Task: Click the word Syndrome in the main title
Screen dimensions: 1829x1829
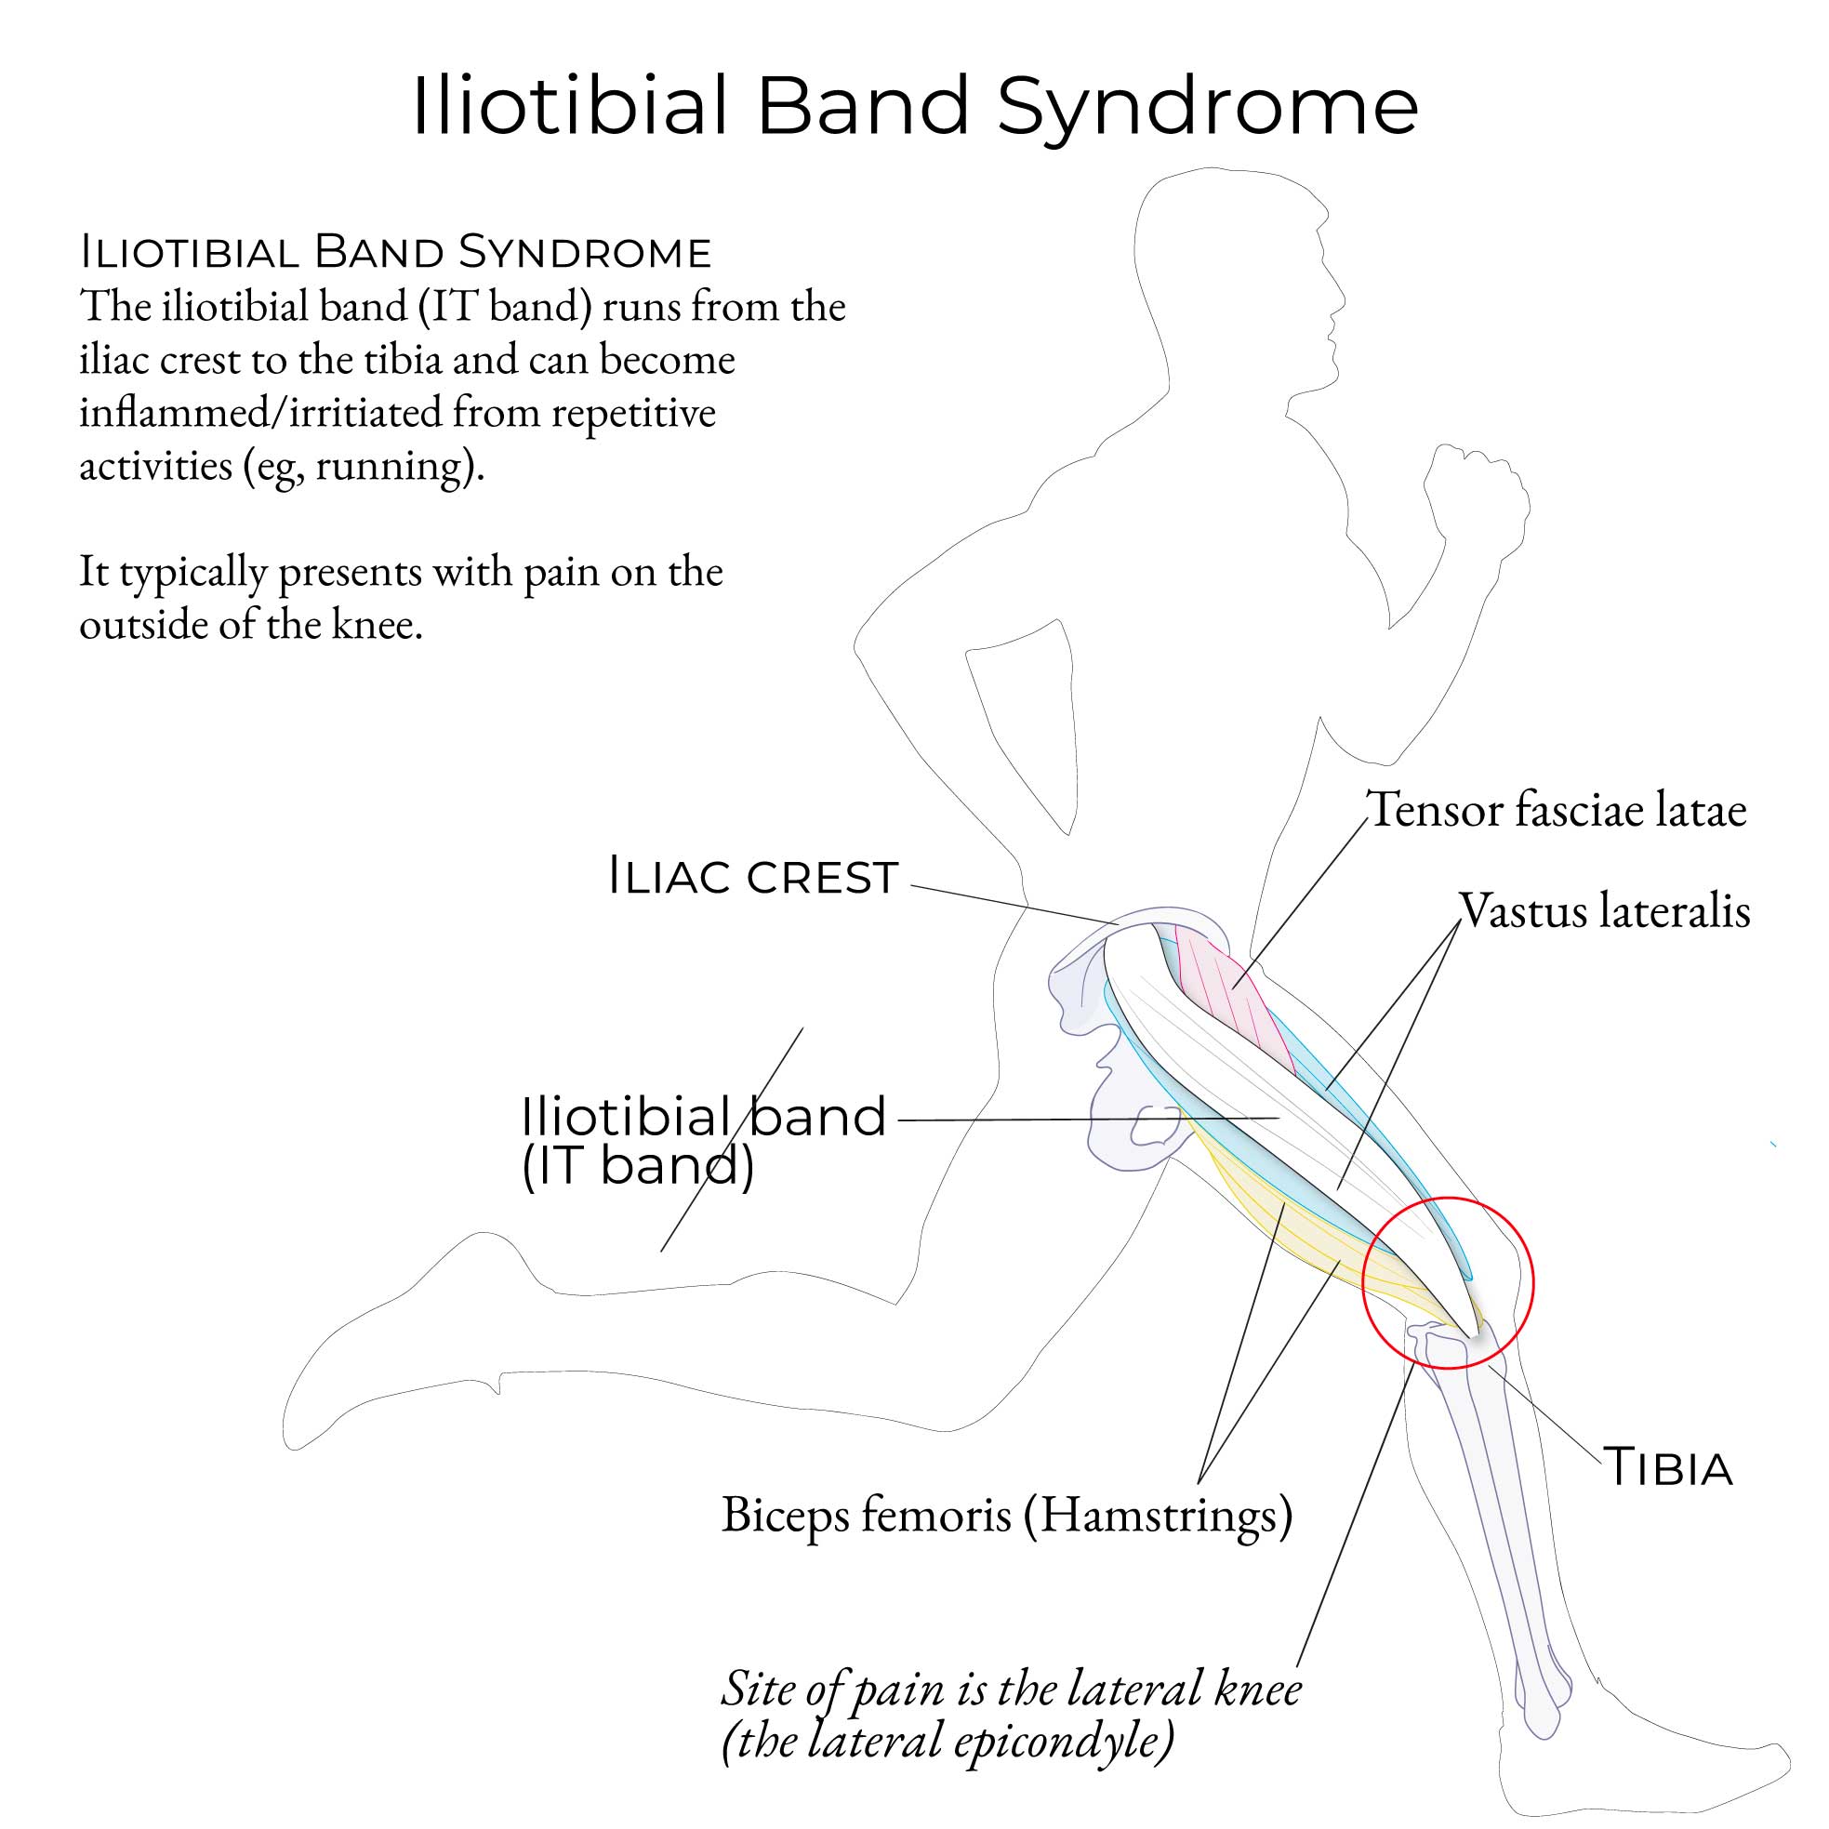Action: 1207,106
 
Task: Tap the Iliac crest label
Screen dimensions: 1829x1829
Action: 752,877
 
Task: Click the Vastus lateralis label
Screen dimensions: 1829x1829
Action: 1605,910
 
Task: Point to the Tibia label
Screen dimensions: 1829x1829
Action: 1667,1468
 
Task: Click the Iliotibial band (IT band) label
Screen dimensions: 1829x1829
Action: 702,1141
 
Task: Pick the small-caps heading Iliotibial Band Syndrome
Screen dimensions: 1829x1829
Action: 396,253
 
